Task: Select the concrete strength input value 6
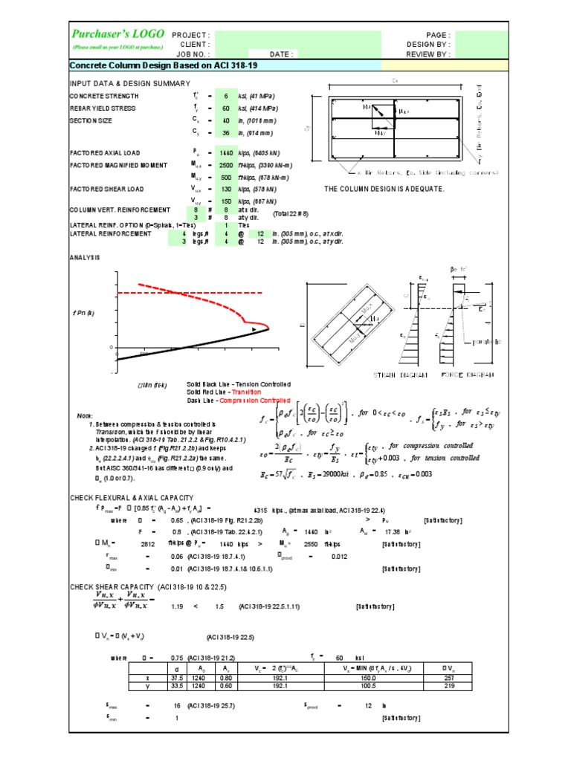pos(227,97)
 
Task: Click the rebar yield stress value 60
pos(225,109)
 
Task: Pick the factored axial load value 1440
pos(225,152)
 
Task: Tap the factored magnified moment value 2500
pos(225,165)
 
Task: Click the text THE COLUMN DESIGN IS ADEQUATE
pos(384,189)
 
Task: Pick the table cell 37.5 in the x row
pos(176,678)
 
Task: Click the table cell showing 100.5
pos(382,687)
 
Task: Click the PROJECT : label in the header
pos(191,35)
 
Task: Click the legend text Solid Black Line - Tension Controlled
pos(239,384)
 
